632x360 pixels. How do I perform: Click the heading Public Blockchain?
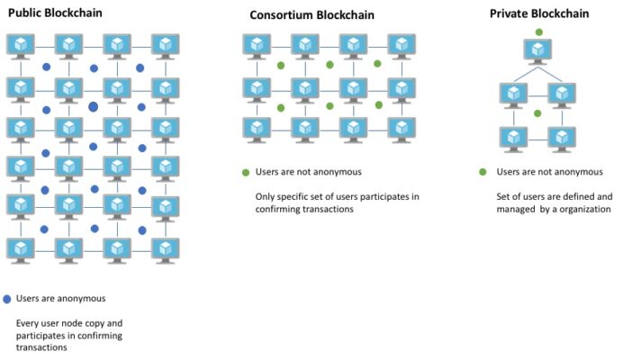(x=54, y=13)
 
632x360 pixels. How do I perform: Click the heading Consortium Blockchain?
(x=312, y=15)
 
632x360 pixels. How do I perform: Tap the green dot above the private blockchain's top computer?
(x=538, y=31)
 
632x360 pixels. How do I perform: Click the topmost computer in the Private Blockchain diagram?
(x=538, y=50)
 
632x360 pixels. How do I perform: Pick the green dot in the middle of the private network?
(x=537, y=113)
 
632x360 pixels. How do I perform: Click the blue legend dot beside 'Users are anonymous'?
(x=7, y=299)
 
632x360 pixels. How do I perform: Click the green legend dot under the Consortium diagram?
(x=245, y=172)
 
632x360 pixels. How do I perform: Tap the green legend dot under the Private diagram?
(x=483, y=172)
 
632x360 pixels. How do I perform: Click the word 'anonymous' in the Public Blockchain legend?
(x=83, y=299)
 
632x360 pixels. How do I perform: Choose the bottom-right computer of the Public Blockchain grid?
(x=166, y=249)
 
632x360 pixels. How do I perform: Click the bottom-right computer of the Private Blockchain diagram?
(x=563, y=139)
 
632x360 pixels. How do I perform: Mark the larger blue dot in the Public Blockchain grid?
(x=93, y=107)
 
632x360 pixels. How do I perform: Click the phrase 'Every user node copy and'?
(x=69, y=322)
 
